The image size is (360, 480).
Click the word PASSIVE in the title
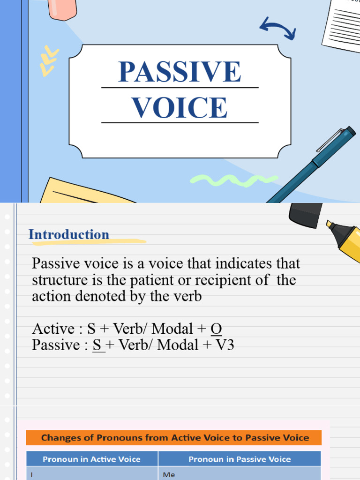pyautogui.click(x=180, y=72)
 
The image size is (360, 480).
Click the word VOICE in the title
pyautogui.click(x=180, y=107)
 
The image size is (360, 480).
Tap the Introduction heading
pyautogui.click(x=69, y=234)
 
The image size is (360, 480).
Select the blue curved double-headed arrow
pyautogui.click(x=277, y=28)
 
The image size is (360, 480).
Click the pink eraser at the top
pyautogui.click(x=62, y=9)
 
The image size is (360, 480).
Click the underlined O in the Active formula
pyautogui.click(x=216, y=329)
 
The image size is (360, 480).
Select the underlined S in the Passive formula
pyautogui.click(x=97, y=345)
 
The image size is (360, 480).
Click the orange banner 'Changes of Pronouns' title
pyautogui.click(x=174, y=438)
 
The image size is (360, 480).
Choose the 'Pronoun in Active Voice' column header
pyautogui.click(x=91, y=459)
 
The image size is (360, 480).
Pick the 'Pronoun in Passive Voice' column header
pyautogui.click(x=240, y=459)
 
